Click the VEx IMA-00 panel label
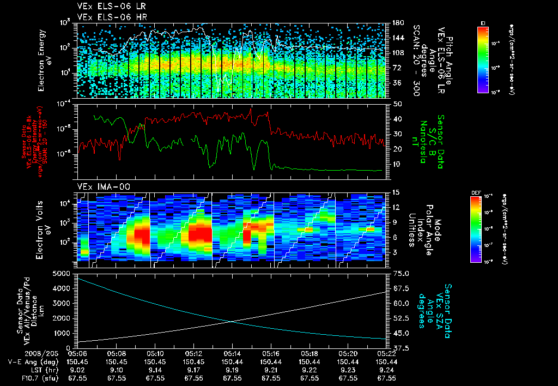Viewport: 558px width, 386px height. pos(98,186)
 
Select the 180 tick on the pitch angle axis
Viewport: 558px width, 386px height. pos(398,23)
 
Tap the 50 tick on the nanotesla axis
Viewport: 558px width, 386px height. pos(397,104)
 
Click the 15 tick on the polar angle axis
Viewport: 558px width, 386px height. pos(396,192)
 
